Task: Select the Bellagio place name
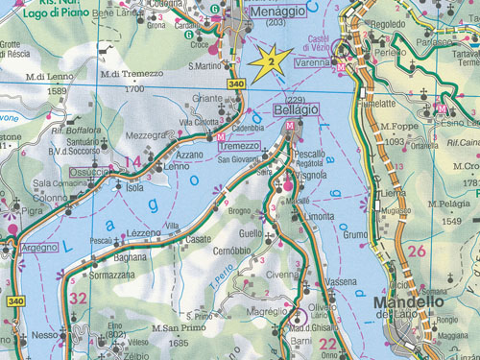click(x=297, y=112)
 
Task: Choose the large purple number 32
click(x=78, y=299)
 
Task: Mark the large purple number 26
click(x=416, y=252)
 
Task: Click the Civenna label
click(x=283, y=274)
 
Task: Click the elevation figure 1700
click(x=133, y=89)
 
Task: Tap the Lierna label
click(x=394, y=192)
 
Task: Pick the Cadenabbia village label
click(x=247, y=128)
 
